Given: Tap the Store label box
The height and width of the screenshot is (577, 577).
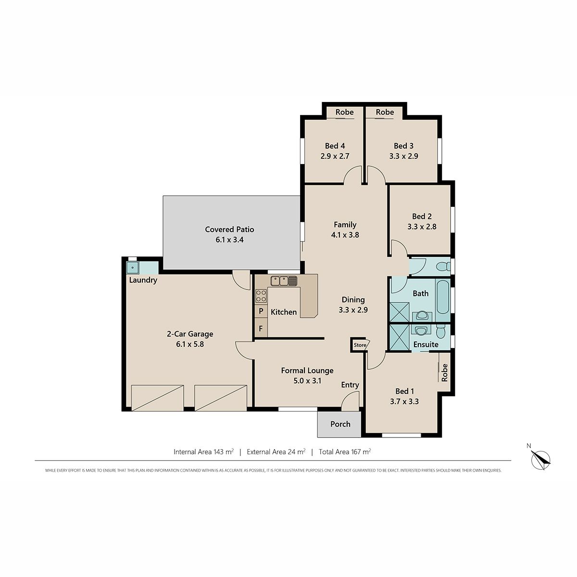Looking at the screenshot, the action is (x=361, y=345).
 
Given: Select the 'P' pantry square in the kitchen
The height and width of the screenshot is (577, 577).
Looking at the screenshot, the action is (x=261, y=311).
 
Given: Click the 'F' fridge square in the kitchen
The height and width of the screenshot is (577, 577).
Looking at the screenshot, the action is (x=261, y=328).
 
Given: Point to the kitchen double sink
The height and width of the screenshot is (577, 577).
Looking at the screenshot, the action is (x=284, y=281).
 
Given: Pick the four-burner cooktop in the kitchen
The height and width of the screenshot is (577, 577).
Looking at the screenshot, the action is (x=261, y=296).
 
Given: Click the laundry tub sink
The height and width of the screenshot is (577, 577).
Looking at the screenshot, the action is (x=132, y=267).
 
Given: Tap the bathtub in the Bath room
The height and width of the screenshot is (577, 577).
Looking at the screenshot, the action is (x=442, y=297).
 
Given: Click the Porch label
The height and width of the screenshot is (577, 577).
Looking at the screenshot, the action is (x=340, y=424).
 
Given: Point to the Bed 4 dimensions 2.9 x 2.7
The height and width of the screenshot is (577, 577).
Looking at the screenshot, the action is (x=335, y=156).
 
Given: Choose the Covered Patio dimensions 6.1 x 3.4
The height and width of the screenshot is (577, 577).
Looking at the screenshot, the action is (x=229, y=239).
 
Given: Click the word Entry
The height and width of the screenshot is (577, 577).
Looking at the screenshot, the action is (x=350, y=385).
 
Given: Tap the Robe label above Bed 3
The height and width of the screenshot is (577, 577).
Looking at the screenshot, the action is (x=385, y=112).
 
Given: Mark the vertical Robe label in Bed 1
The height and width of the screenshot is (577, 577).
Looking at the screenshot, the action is (x=444, y=373).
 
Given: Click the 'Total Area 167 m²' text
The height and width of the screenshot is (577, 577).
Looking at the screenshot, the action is (x=345, y=452).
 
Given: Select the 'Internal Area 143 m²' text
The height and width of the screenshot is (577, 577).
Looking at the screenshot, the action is (x=203, y=452).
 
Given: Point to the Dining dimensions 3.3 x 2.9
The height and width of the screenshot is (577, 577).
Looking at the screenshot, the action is (x=353, y=310).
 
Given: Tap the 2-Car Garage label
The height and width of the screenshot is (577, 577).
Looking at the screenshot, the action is (x=190, y=334).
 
